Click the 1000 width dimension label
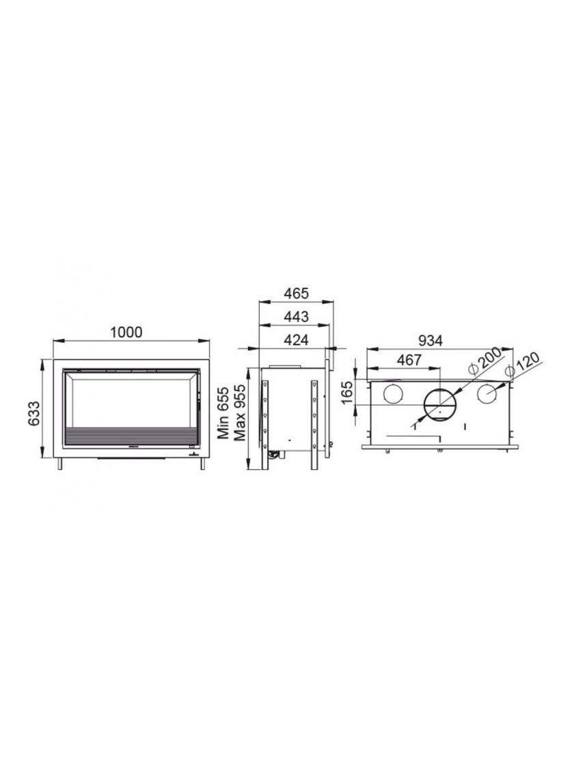pyautogui.click(x=126, y=332)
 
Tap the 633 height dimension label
pyautogui.click(x=33, y=413)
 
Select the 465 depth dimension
pyautogui.click(x=297, y=293)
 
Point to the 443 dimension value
pyautogui.click(x=297, y=317)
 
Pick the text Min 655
pyautogui.click(x=223, y=413)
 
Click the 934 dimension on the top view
pyautogui.click(x=430, y=341)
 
